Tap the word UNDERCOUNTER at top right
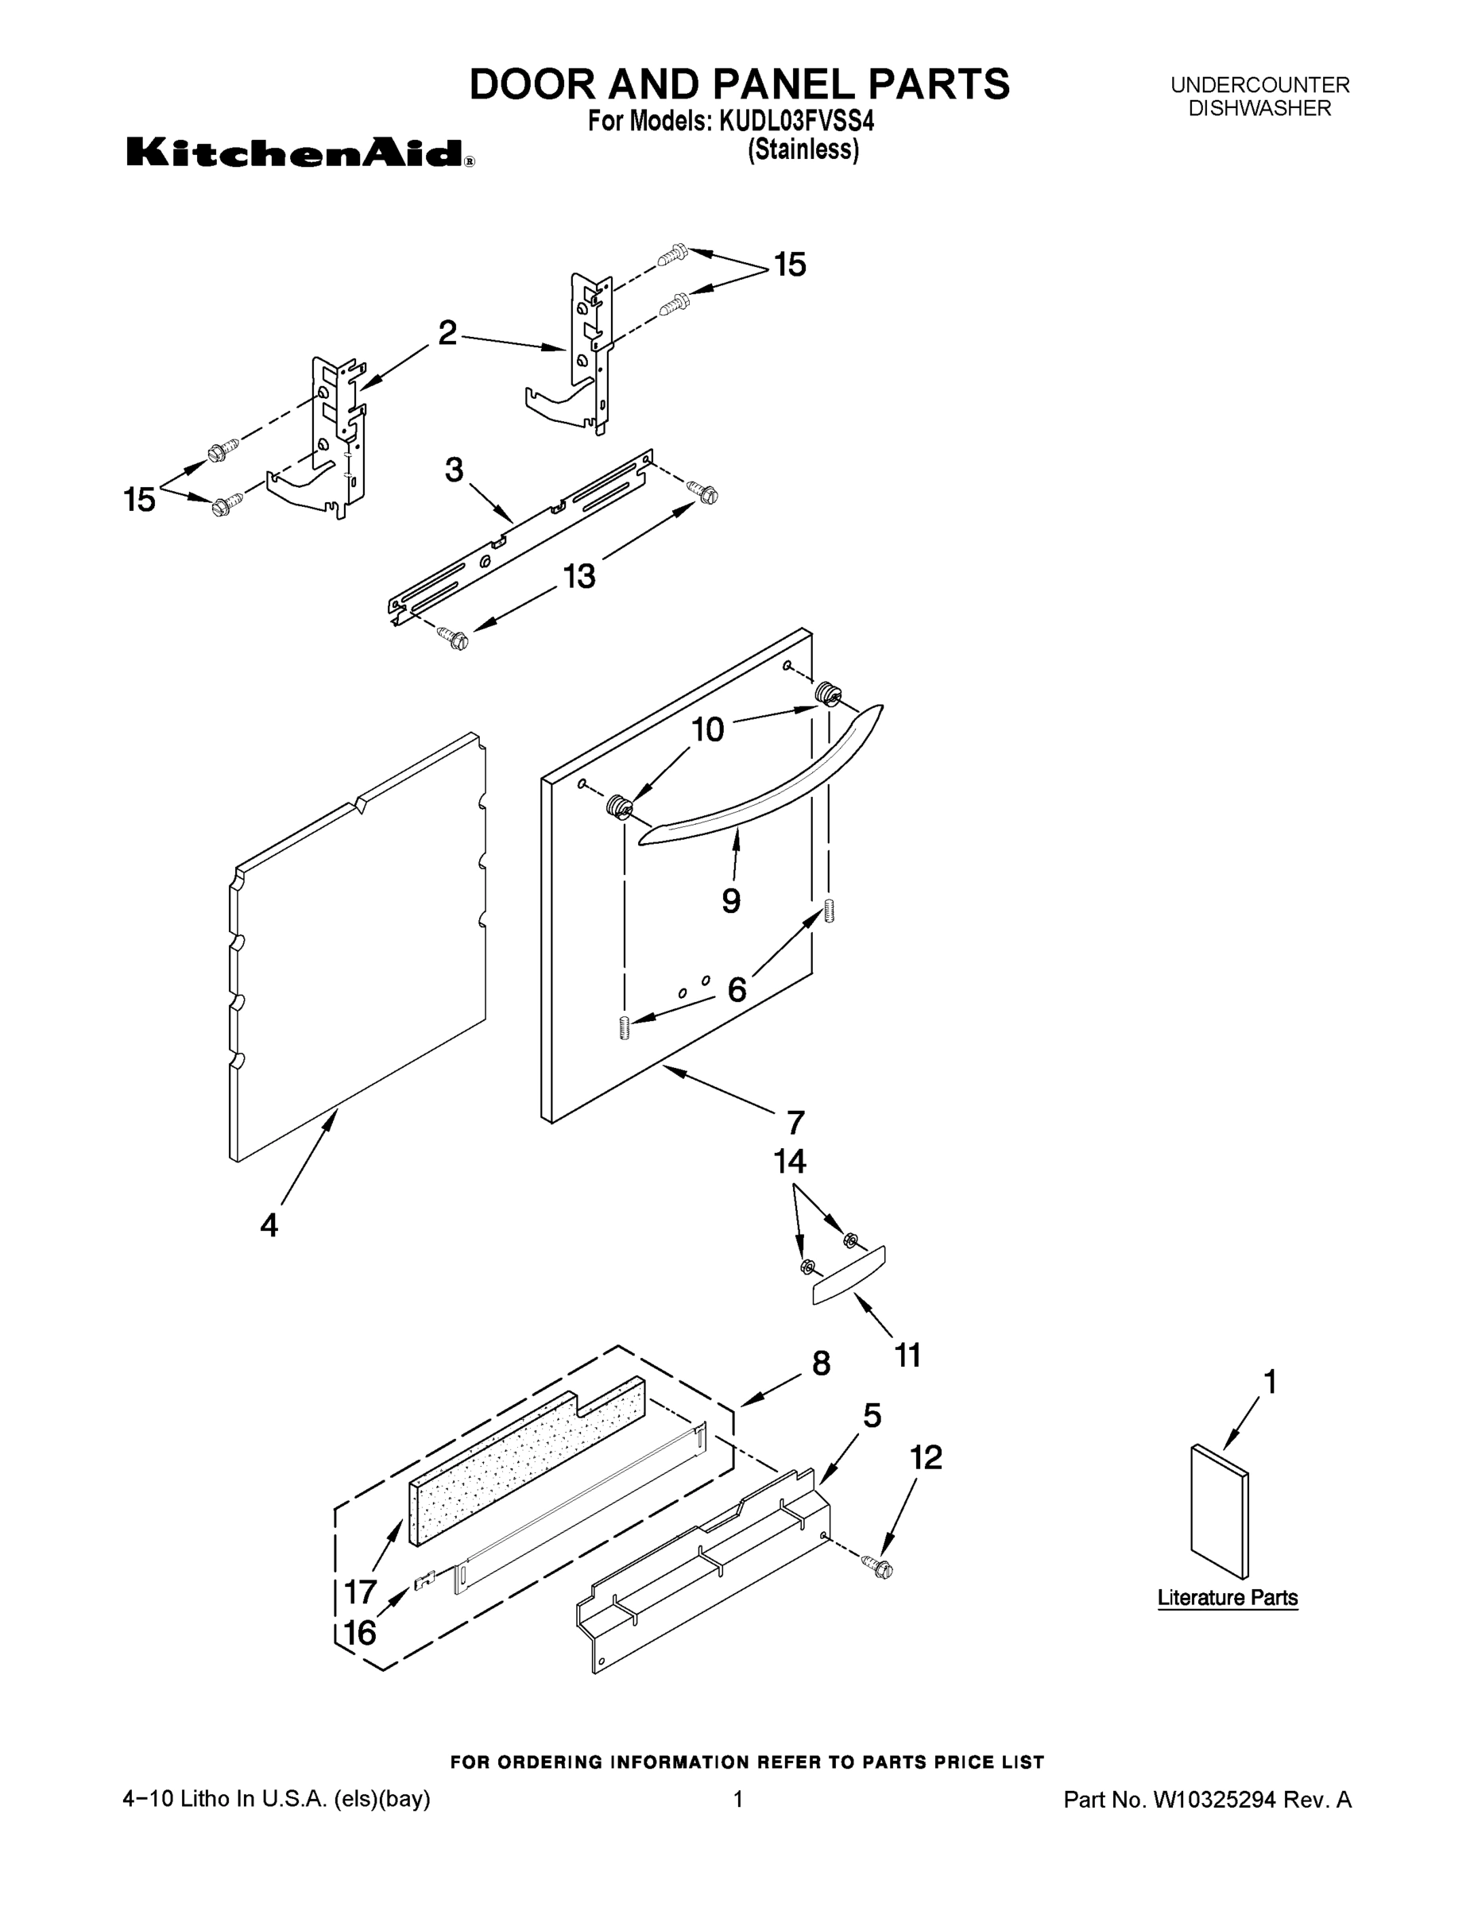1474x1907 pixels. (1259, 86)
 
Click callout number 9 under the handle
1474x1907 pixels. (731, 900)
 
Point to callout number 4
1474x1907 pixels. (269, 1225)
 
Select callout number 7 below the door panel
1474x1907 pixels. (795, 1122)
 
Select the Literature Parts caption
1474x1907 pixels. (1227, 1597)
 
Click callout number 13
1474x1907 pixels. (579, 576)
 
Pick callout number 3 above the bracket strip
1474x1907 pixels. (454, 470)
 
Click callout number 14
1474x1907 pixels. (789, 1162)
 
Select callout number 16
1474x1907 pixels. (360, 1632)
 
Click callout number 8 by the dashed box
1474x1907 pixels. (821, 1363)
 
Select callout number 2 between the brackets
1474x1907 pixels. (447, 333)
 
